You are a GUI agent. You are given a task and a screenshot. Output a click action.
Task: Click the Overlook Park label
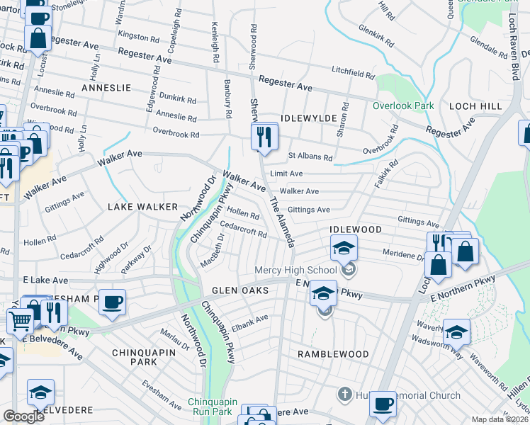[403, 106]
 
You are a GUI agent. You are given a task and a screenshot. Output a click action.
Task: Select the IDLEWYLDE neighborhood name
[306, 119]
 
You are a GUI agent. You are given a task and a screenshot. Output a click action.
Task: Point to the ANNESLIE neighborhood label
[106, 88]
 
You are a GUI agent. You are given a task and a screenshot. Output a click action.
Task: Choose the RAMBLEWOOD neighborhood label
[333, 353]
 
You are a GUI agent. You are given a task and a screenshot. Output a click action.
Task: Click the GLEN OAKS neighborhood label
[239, 291]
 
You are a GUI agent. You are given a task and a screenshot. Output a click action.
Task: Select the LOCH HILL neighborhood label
[475, 106]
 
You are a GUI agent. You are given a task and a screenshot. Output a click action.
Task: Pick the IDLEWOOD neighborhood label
[356, 230]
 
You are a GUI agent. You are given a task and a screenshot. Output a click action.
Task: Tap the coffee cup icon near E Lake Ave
[112, 302]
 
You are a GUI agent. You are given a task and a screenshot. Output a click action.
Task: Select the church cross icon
[344, 394]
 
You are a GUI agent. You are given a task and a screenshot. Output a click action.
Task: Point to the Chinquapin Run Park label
[210, 406]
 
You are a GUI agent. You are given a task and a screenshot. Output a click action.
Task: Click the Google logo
[23, 416]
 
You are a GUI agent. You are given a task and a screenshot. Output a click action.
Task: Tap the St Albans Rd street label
[310, 157]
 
